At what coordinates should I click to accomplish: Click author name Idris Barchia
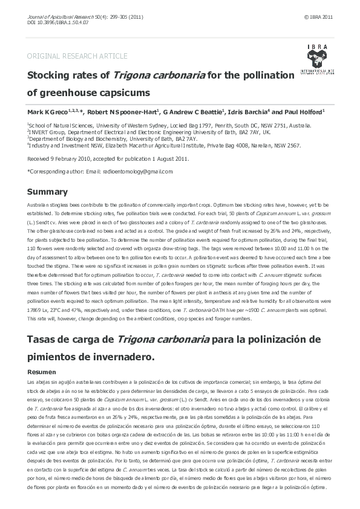[x=249, y=112]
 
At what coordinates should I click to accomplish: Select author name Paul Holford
[x=304, y=112]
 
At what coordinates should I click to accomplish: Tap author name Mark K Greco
[x=47, y=112]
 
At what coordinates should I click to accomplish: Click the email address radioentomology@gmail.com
[x=138, y=172]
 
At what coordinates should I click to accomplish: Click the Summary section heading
[x=47, y=192]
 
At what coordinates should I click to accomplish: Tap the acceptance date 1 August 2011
[x=169, y=158]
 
